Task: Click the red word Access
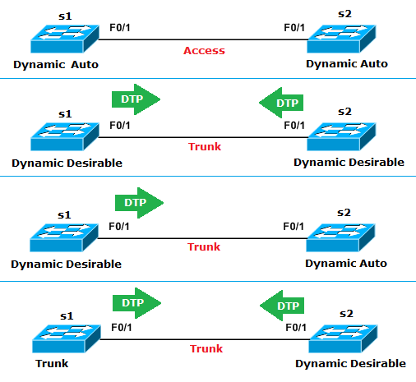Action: point(204,50)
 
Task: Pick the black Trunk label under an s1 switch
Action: point(51,363)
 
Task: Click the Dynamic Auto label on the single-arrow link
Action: point(346,264)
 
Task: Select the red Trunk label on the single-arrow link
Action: point(204,246)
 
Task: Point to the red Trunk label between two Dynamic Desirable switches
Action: point(205,147)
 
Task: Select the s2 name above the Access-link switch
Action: point(344,15)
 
